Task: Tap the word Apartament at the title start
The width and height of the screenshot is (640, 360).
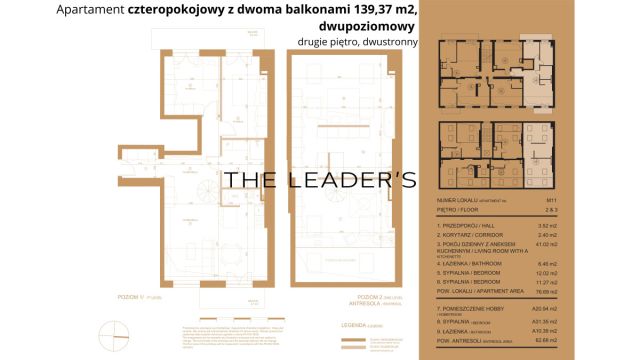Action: [91, 12]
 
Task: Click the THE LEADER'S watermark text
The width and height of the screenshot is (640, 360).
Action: [319, 180]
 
